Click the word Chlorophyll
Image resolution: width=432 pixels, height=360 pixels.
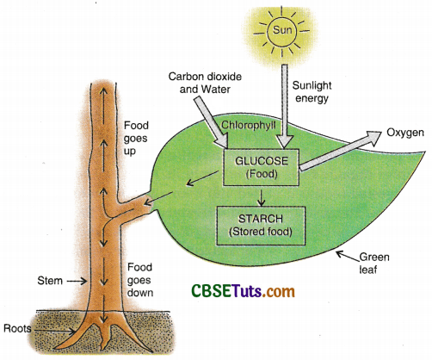[249, 127]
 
